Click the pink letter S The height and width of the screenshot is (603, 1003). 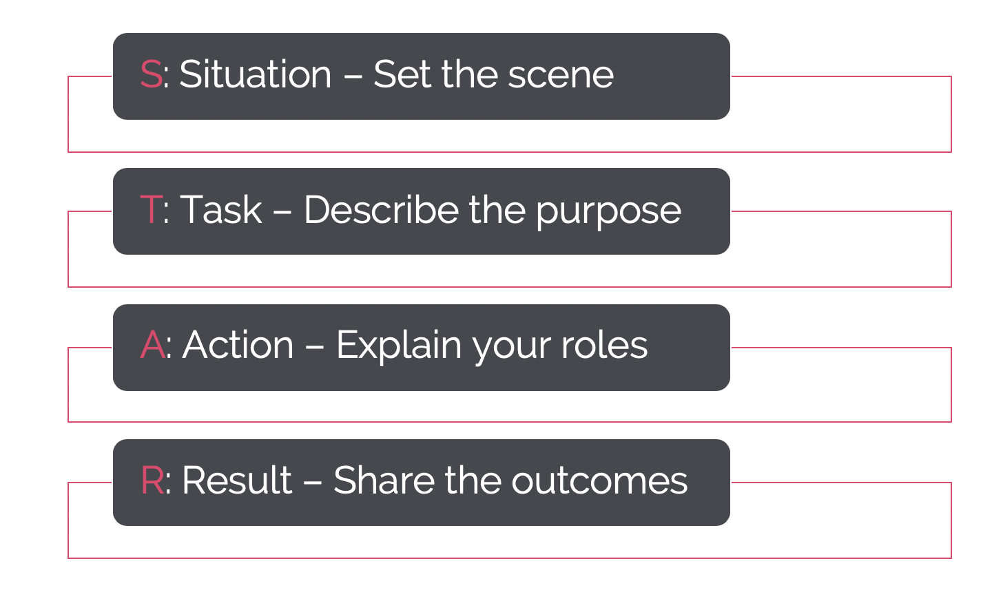pos(151,74)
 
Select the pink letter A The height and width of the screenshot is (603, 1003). pos(152,345)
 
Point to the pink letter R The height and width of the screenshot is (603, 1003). pos(152,480)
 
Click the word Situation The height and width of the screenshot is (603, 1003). pos(255,74)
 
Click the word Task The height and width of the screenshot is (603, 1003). pos(221,209)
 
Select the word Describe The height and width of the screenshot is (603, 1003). pos(382,209)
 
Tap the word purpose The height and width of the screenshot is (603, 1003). pos(609,214)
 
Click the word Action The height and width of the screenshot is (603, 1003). pos(238,345)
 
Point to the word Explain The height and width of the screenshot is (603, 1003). pos(399,346)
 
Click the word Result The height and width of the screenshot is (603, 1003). pos(237,480)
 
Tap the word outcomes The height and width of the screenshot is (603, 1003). pos(599,481)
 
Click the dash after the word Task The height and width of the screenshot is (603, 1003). pos(282,211)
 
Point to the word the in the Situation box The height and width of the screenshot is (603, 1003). pos(470,74)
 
